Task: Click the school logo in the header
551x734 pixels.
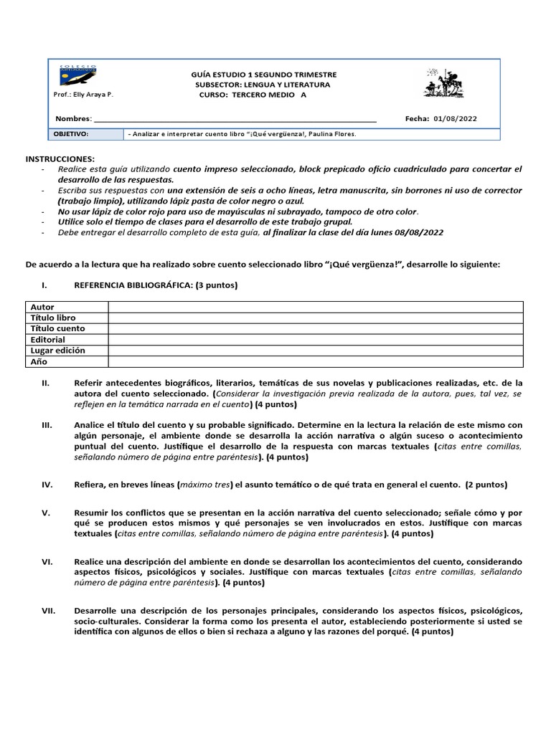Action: [x=79, y=75]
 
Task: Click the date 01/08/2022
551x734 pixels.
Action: [x=456, y=119]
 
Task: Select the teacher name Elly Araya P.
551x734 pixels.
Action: [x=83, y=95]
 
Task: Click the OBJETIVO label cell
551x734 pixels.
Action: [x=71, y=134]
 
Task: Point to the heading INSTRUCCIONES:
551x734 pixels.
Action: [x=60, y=158]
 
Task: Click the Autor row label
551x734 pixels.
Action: [x=42, y=307]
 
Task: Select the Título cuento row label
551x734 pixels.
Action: [x=57, y=328]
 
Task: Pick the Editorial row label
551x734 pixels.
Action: [x=48, y=339]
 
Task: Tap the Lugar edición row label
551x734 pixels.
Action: [x=57, y=351]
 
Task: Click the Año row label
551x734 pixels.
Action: [x=39, y=361]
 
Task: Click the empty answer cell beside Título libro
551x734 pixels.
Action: [x=316, y=318]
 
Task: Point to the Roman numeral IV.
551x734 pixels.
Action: [x=47, y=485]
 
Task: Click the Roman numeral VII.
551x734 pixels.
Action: [x=48, y=610]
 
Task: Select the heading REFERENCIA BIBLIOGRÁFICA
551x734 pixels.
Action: [x=133, y=285]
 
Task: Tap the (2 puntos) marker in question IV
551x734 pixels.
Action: [x=486, y=485]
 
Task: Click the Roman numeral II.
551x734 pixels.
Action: [x=45, y=383]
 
